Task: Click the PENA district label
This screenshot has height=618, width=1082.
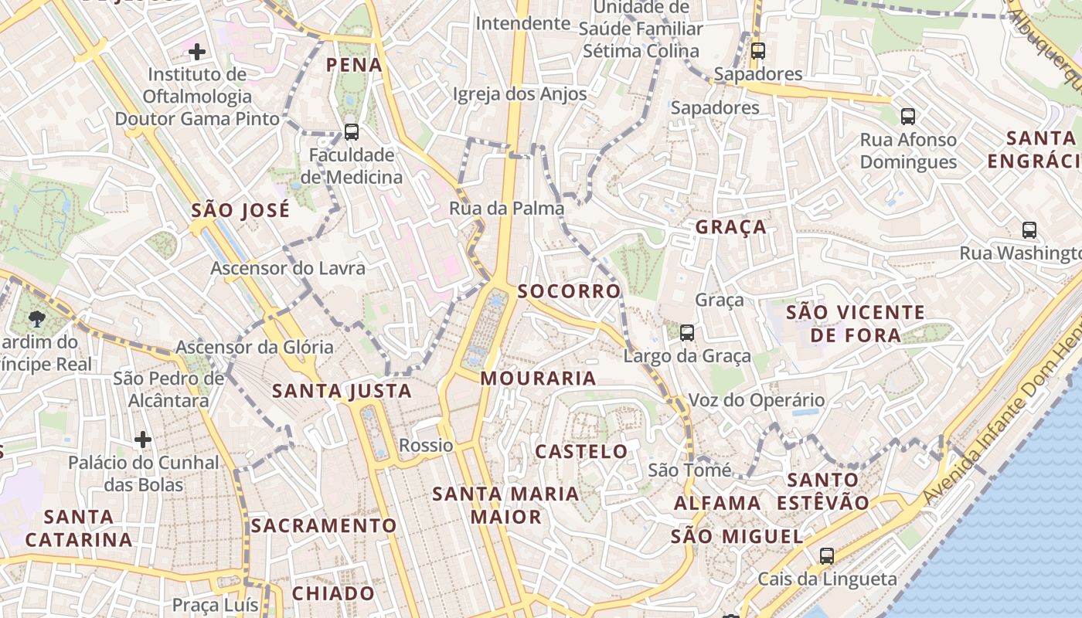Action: coord(354,65)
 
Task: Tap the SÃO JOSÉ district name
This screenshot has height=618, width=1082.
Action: coord(240,209)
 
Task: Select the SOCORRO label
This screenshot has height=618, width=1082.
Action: coord(569,291)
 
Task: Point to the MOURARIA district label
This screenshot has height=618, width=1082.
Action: coord(538,379)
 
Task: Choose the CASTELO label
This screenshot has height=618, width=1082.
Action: coord(581,451)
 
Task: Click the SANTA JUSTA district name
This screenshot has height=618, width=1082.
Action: coord(342,392)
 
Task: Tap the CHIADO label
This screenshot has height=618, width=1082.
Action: coord(333,593)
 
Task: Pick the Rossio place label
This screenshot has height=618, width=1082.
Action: coord(426,446)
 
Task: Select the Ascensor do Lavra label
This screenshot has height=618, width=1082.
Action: coord(288,268)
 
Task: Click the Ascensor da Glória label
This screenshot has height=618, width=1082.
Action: coord(254,347)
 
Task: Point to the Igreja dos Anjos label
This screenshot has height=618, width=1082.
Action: coord(519,94)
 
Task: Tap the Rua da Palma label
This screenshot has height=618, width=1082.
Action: coord(506,209)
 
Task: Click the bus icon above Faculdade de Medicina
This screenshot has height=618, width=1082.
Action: coord(352,132)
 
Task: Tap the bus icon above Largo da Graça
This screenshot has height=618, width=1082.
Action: coord(686,333)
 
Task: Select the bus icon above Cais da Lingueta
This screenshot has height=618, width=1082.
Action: coord(827,555)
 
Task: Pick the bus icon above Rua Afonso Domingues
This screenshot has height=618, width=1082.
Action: coord(908,117)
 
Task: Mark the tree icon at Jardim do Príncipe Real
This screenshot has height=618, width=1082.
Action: coord(36,318)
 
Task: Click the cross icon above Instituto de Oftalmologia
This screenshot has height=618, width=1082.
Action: coord(197,52)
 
